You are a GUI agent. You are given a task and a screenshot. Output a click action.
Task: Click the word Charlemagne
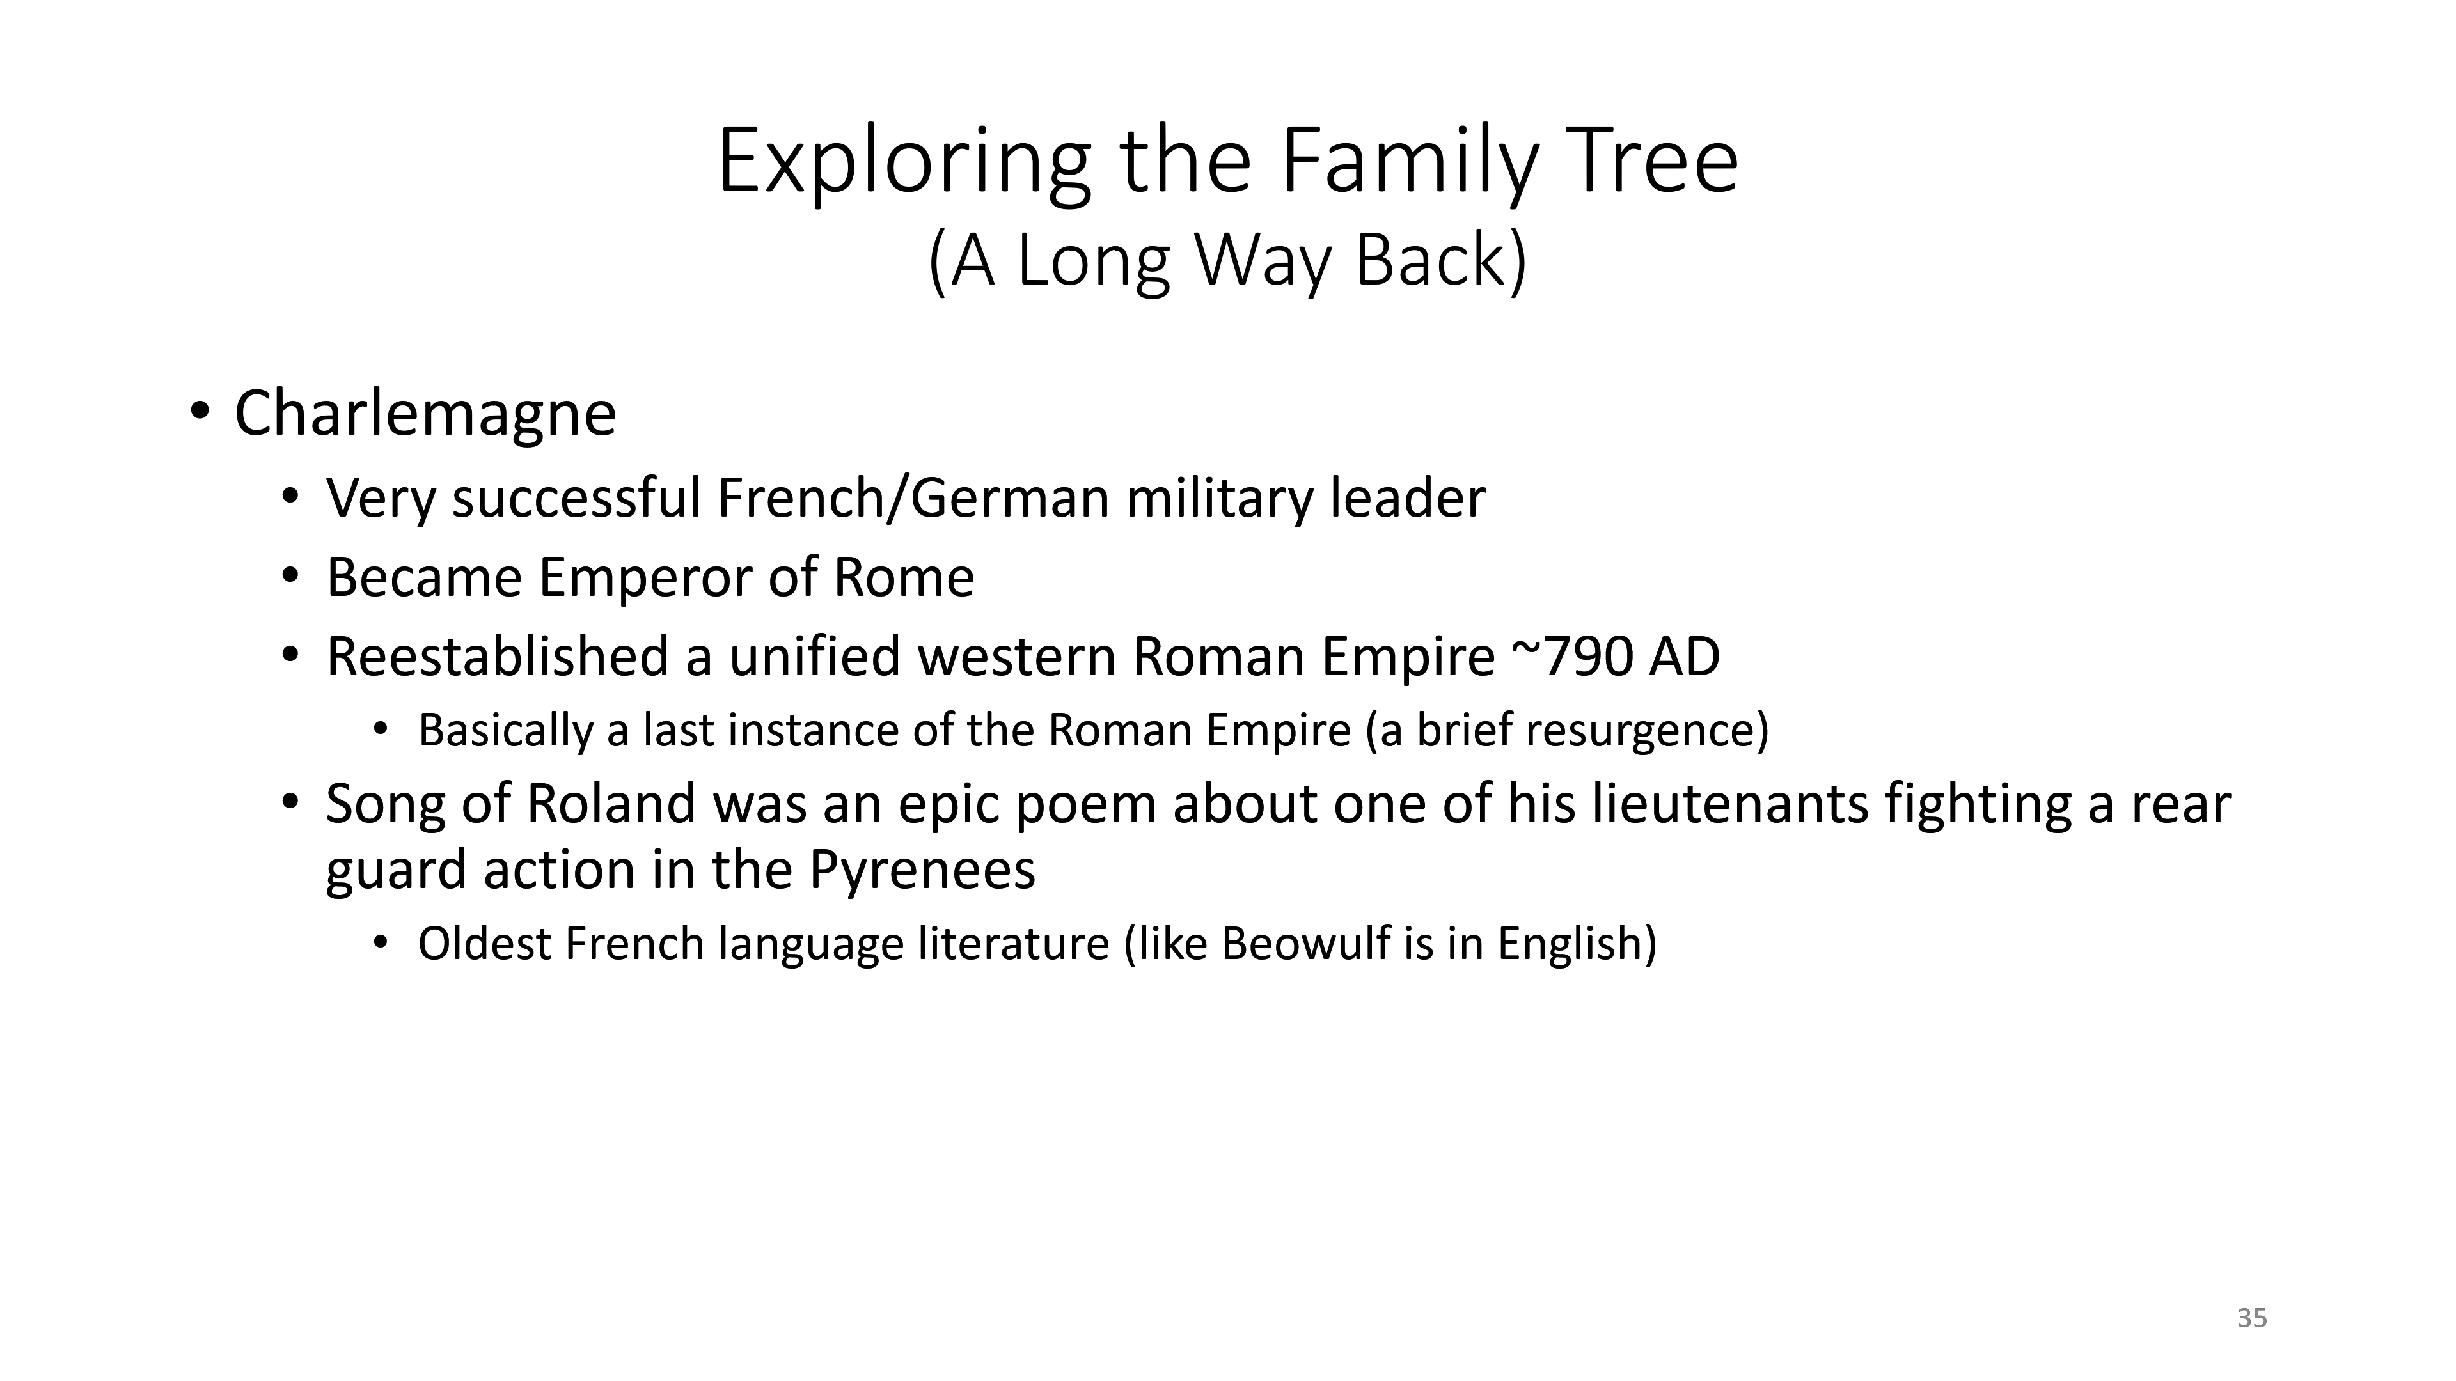[x=425, y=414]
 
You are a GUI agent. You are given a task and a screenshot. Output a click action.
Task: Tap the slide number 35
[x=2252, y=1318]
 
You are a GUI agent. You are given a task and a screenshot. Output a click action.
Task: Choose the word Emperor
[x=645, y=577]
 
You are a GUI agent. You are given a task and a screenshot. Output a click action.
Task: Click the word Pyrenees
[x=922, y=870]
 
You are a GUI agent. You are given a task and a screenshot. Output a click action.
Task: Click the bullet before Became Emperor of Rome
[x=290, y=577]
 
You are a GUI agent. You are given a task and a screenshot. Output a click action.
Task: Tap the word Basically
[x=507, y=731]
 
